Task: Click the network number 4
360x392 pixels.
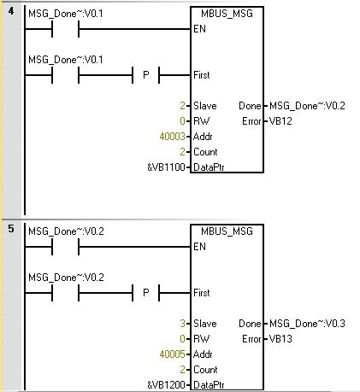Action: point(11,11)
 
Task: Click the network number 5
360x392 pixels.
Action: point(11,229)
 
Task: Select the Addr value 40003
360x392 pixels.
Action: point(172,137)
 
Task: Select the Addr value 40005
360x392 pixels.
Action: point(172,354)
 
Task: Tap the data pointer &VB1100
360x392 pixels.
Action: point(166,167)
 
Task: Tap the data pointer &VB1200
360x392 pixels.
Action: point(166,385)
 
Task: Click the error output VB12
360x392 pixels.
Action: point(280,121)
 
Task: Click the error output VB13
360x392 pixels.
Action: point(280,339)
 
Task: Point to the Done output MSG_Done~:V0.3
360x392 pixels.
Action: point(307,324)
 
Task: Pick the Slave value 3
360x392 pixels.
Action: point(182,324)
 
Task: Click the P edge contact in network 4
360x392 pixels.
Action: point(145,75)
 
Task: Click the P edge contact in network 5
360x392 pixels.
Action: point(145,293)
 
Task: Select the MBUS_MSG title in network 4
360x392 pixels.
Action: point(227,14)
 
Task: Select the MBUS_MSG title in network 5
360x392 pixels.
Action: point(227,231)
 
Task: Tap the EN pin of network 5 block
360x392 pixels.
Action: point(199,247)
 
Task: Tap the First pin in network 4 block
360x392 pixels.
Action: point(202,75)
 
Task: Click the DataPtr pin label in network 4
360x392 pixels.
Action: point(209,167)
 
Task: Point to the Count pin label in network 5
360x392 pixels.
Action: point(205,370)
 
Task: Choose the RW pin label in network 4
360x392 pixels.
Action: point(201,121)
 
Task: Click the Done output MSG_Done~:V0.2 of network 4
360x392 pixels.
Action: point(307,106)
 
